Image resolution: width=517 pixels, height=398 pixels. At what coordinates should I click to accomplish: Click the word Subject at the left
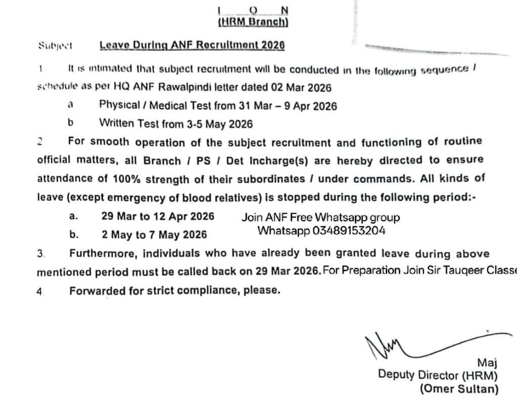(56, 45)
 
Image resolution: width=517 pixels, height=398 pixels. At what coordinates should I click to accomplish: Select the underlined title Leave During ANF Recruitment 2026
(192, 45)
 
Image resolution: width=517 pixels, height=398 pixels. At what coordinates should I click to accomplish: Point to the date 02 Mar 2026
(301, 87)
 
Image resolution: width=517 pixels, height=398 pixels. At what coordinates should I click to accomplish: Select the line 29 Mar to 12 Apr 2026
(158, 216)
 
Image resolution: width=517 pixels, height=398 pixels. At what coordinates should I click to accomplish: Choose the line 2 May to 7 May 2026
(154, 235)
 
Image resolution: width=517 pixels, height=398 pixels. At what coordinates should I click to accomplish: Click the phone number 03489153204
(349, 231)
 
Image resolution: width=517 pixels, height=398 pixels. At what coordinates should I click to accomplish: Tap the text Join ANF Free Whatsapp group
(321, 217)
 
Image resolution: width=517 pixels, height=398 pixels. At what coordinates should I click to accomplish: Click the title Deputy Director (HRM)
(438, 375)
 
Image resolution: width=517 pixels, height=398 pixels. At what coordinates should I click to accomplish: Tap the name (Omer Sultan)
(458, 389)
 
